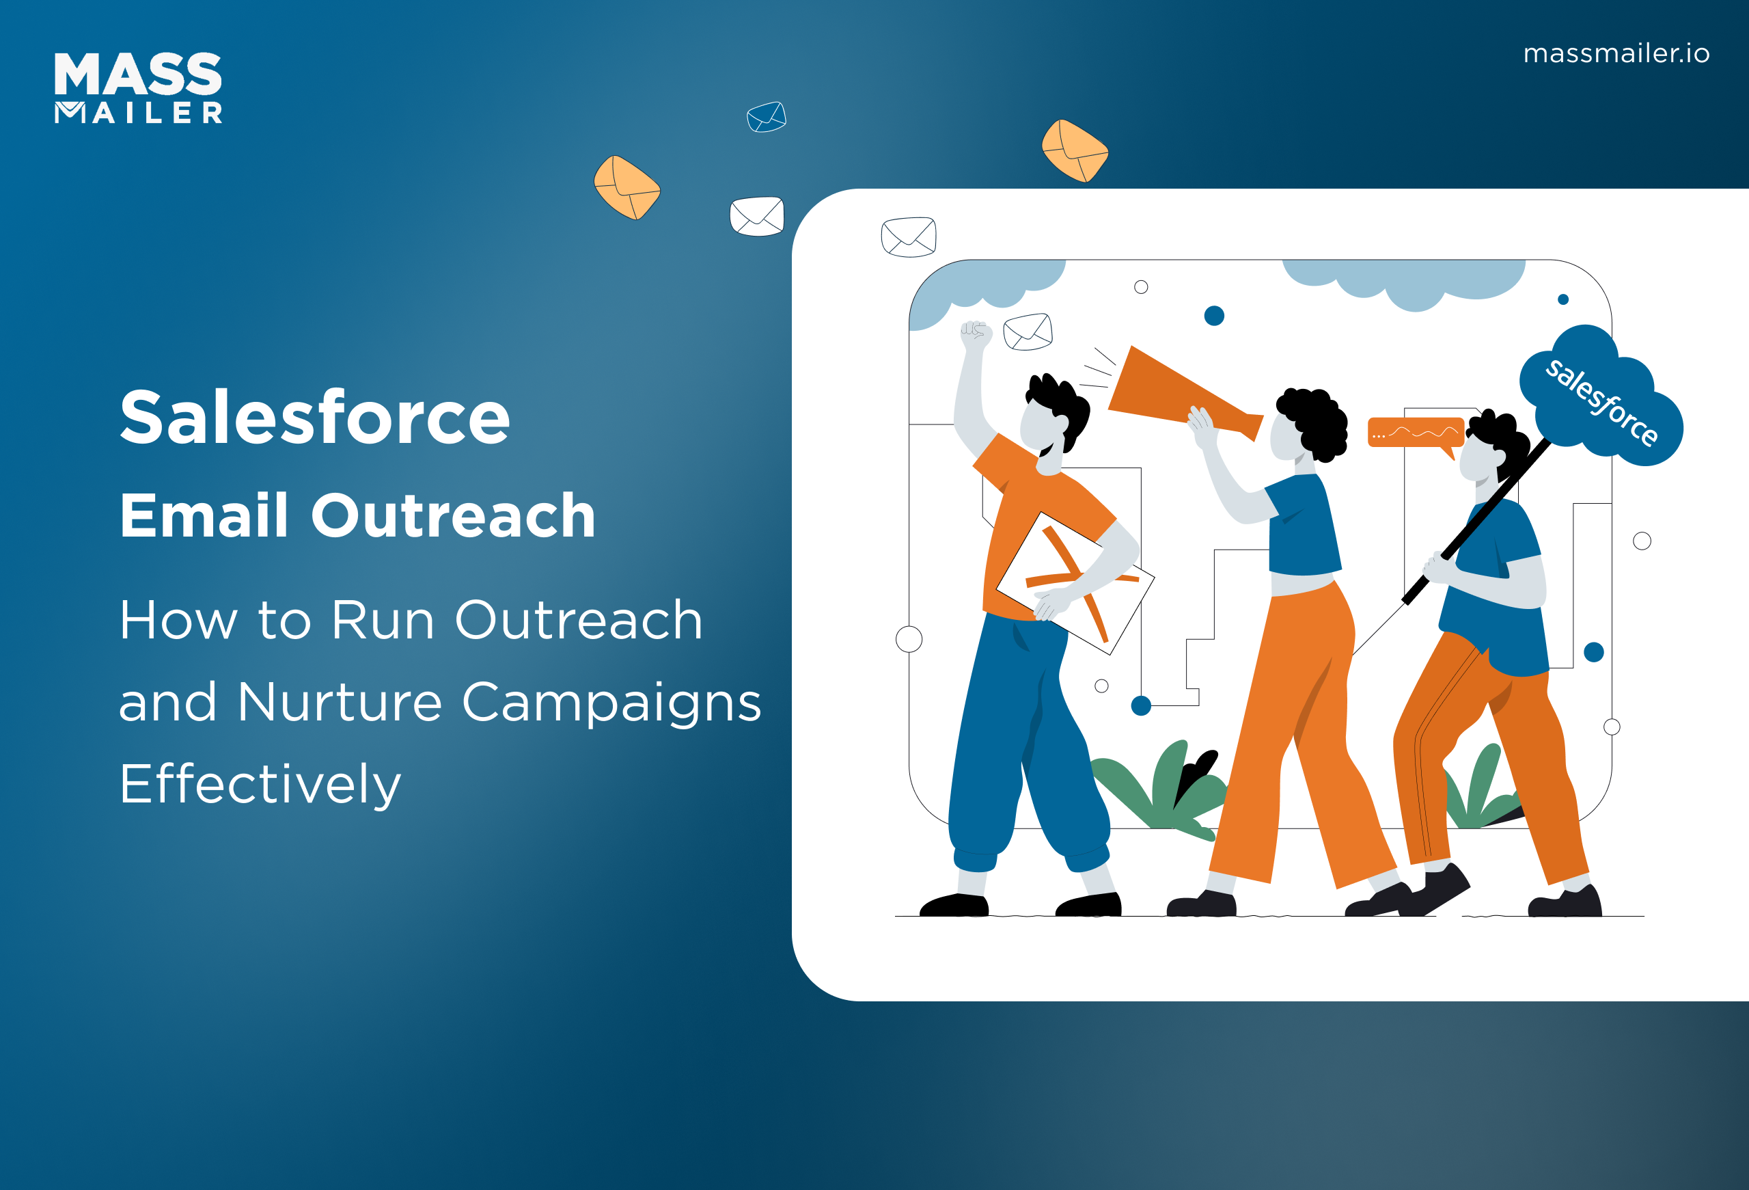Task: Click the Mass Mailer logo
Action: tap(139, 87)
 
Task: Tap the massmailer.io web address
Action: tap(1616, 53)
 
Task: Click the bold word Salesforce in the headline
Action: tap(314, 418)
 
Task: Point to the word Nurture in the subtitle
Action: tap(340, 702)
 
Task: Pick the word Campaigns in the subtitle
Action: tap(611, 702)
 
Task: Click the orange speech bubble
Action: tap(1414, 433)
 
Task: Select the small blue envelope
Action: tap(766, 118)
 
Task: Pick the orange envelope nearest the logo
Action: tap(627, 187)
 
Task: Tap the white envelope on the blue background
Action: tap(757, 216)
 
